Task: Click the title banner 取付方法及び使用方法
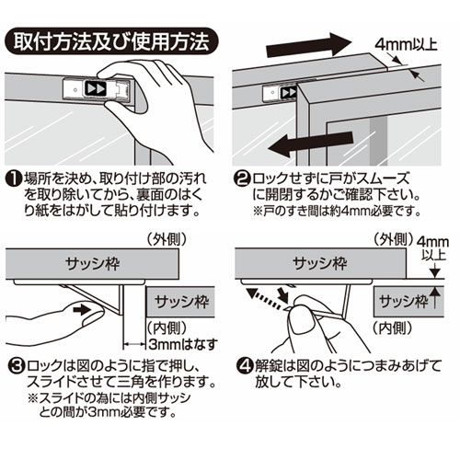(x=111, y=41)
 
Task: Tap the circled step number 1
(x=14, y=178)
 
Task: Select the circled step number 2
(x=243, y=178)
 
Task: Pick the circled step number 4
(x=246, y=365)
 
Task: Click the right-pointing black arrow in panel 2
(x=308, y=45)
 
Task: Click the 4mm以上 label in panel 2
(x=406, y=45)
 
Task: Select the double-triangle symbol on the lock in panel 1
(x=96, y=88)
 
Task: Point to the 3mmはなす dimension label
(x=182, y=344)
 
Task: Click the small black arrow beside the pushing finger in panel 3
(x=82, y=310)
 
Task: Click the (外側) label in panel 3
(x=166, y=239)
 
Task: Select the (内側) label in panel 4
(x=393, y=328)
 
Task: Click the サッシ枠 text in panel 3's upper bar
(x=92, y=264)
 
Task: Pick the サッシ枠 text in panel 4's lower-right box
(x=403, y=301)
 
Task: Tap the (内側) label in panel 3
(x=167, y=328)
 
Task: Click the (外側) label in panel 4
(x=393, y=238)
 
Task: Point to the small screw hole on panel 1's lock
(x=75, y=90)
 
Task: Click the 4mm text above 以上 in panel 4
(x=432, y=242)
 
